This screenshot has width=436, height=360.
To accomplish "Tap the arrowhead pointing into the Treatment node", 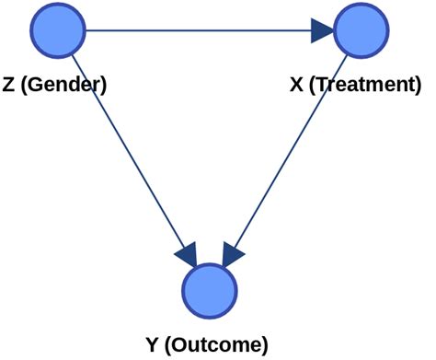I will click(322, 31).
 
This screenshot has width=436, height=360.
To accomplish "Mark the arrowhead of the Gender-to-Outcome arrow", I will click(189, 250).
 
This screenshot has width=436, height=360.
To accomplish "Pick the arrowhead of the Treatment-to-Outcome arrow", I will click(233, 250).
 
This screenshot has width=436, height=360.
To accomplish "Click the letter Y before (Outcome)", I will click(153, 345).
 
